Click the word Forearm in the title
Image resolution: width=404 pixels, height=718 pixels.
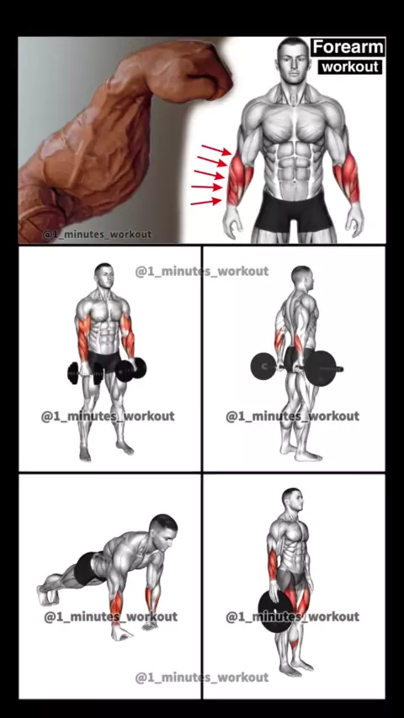(x=348, y=47)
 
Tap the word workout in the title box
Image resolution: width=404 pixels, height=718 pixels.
(x=350, y=67)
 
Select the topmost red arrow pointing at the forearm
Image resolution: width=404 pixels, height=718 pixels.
(x=216, y=150)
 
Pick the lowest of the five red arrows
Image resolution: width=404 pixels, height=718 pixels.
(x=206, y=202)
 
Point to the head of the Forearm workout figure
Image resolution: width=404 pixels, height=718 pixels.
(x=293, y=59)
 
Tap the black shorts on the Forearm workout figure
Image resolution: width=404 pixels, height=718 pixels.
(x=294, y=212)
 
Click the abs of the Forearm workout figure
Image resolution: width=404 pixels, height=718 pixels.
(x=294, y=155)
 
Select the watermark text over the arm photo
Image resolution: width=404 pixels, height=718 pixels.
(x=97, y=234)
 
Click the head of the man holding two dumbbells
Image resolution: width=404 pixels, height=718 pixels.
(x=104, y=276)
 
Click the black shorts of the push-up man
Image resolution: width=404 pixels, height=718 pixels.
(x=88, y=568)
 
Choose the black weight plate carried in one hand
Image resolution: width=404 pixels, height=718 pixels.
(x=275, y=612)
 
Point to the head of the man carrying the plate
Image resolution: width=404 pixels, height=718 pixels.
(x=293, y=500)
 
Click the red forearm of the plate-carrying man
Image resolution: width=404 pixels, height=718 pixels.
(x=273, y=565)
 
